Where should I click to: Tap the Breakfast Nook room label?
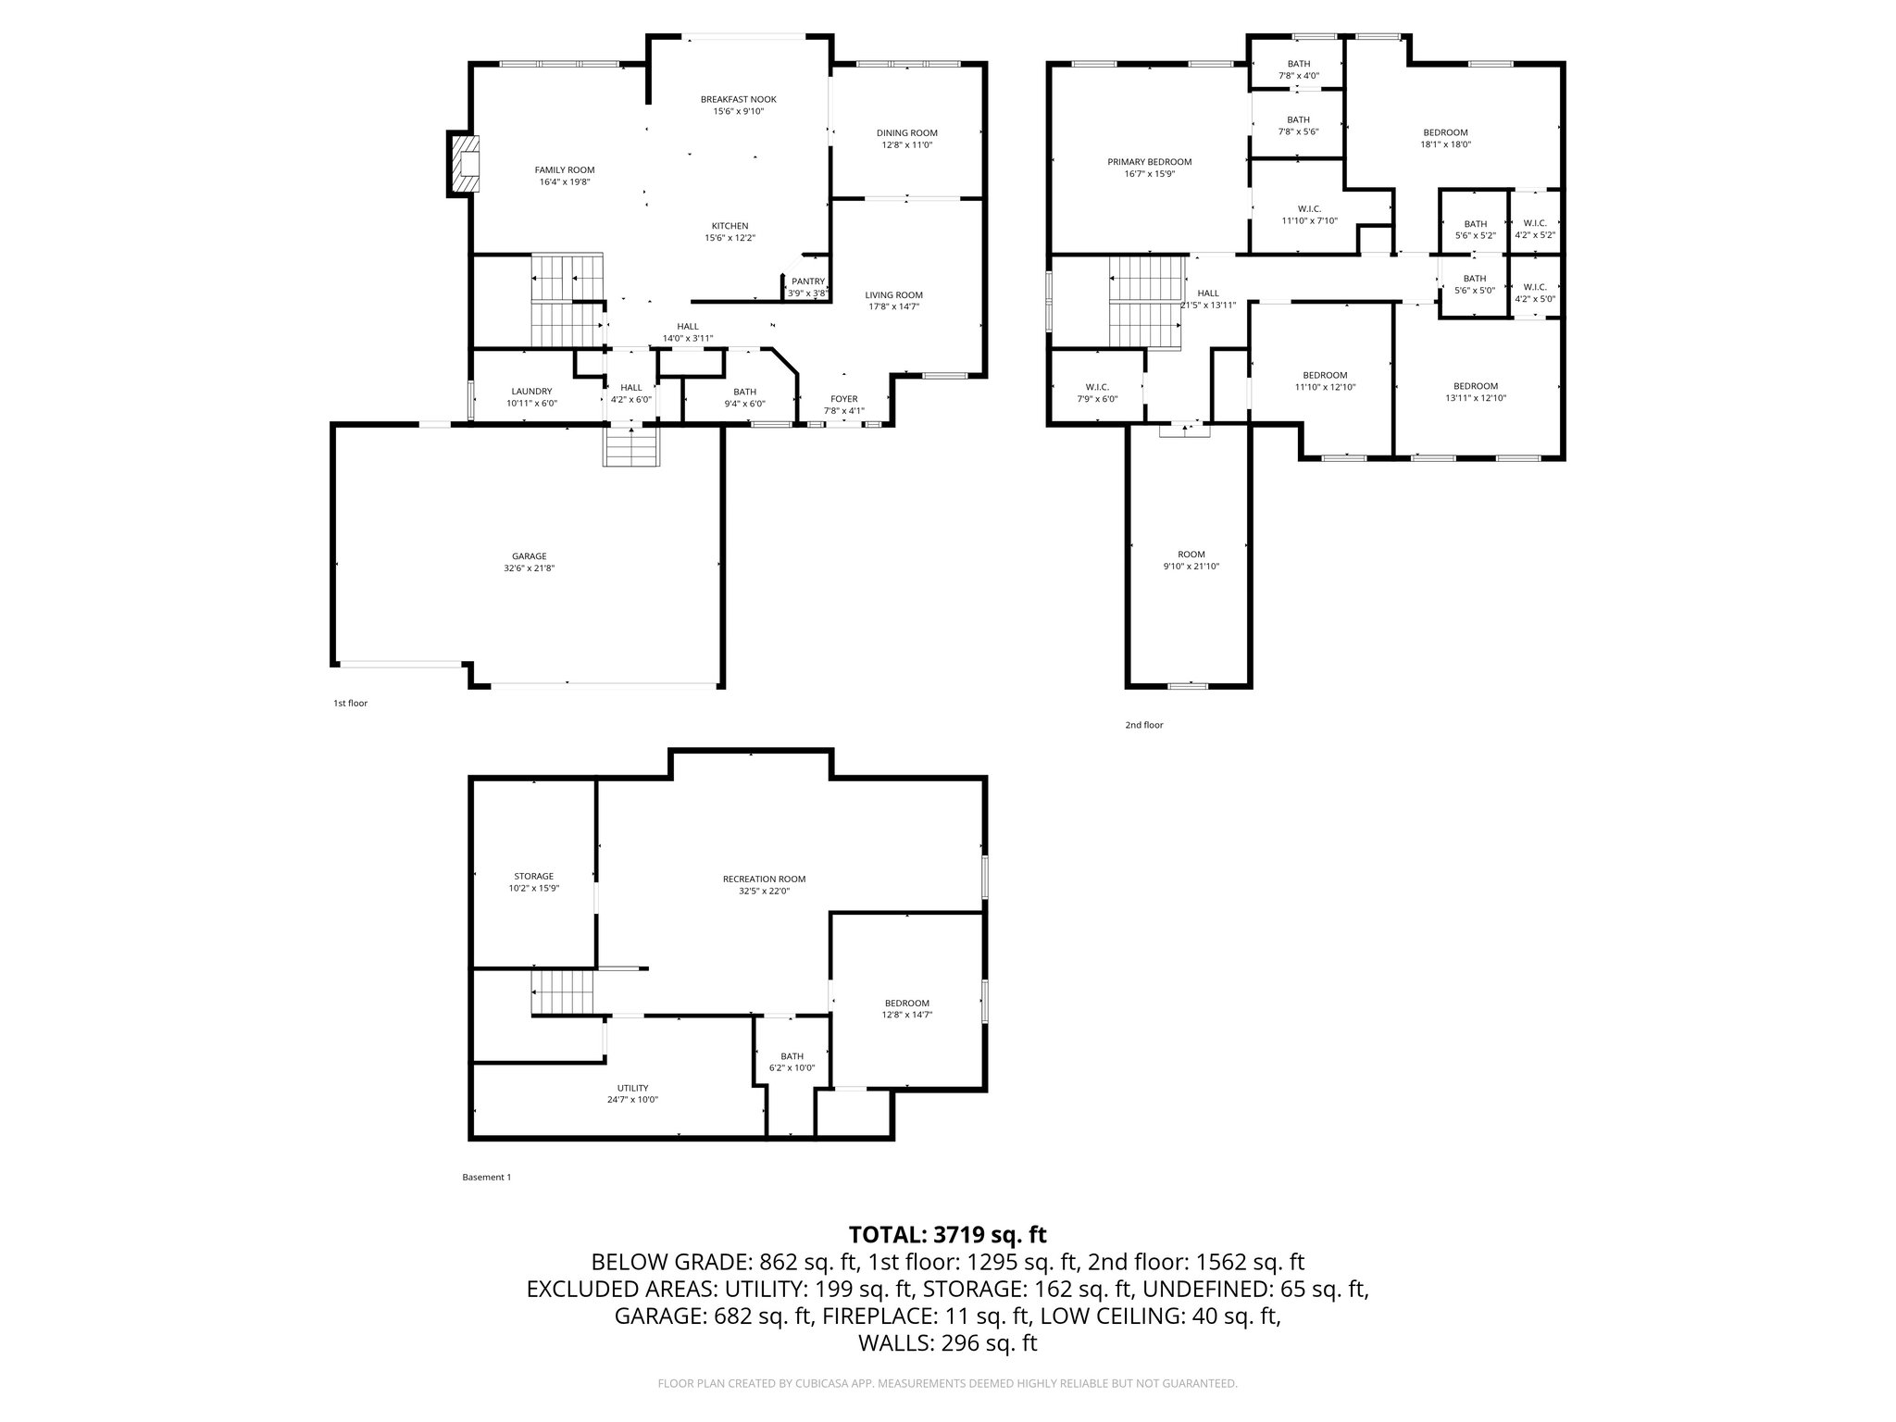click(x=738, y=99)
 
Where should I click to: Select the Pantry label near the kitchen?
click(x=807, y=281)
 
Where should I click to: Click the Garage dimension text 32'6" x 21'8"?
click(x=530, y=568)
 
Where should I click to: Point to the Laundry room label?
click(x=531, y=392)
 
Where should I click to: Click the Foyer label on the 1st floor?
click(x=843, y=399)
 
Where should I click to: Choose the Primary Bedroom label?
click(x=1149, y=162)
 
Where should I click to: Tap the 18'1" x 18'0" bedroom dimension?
click(x=1445, y=144)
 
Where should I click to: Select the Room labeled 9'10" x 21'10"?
click(x=1191, y=560)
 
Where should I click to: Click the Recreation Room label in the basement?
click(x=764, y=879)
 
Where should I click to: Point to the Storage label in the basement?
click(x=534, y=876)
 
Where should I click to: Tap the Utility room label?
click(x=633, y=1088)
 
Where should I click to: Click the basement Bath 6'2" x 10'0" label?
click(x=792, y=1062)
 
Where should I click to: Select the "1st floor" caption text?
click(x=350, y=704)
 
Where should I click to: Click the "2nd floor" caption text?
click(x=1144, y=725)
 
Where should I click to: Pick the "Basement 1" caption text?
click(x=486, y=1178)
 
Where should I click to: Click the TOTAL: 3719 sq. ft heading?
click(x=947, y=1234)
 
